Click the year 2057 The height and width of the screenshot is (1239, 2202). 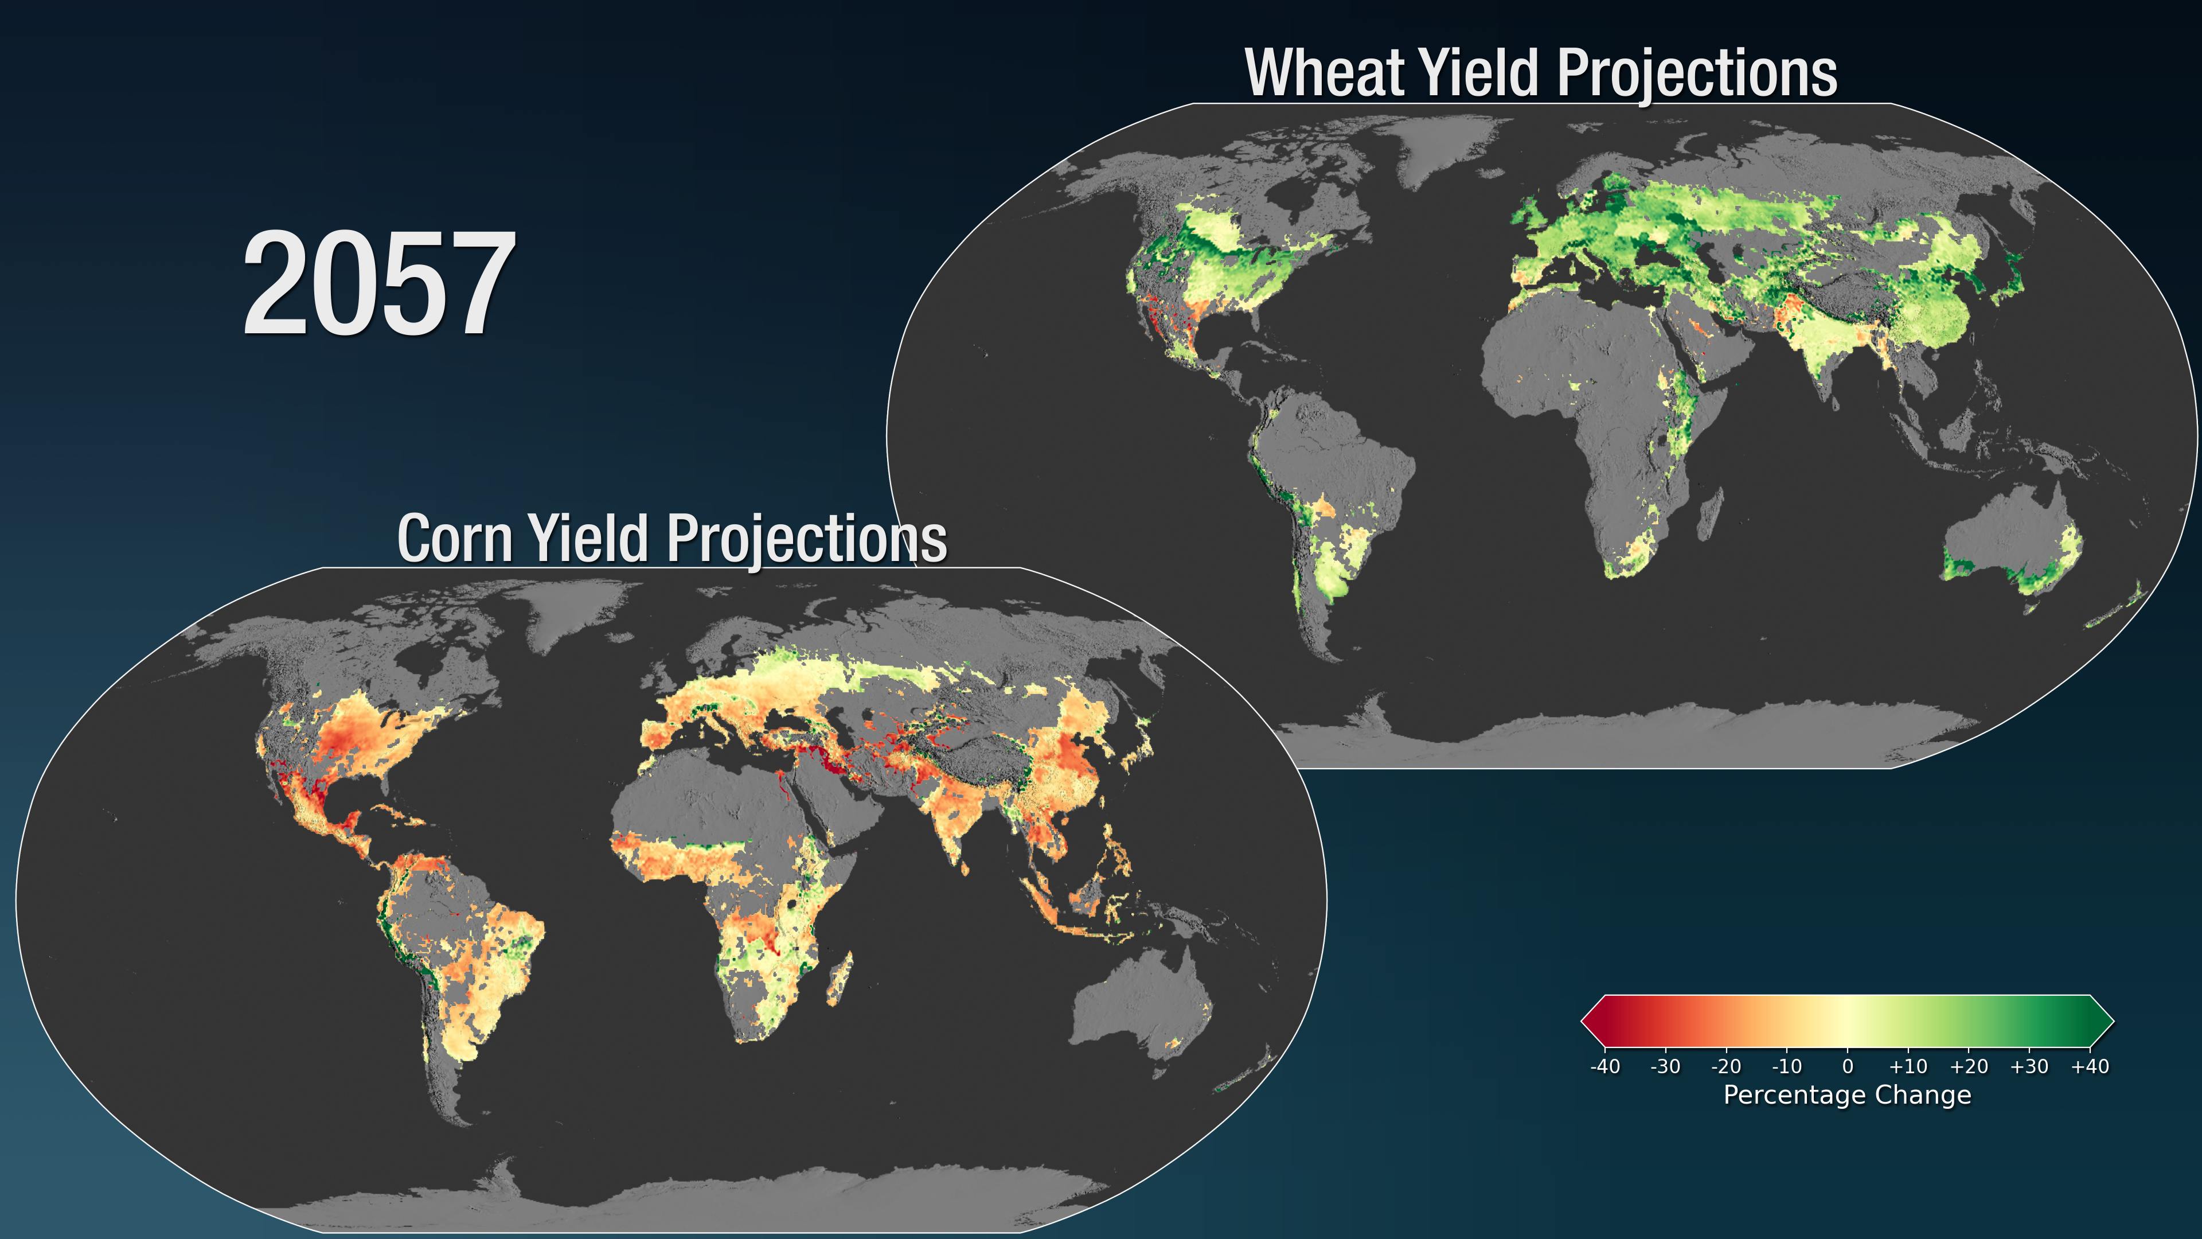pyautogui.click(x=380, y=284)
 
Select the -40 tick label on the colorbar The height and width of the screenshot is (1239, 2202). pyautogui.click(x=1604, y=1066)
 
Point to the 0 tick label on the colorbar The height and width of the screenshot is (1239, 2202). pyautogui.click(x=1847, y=1066)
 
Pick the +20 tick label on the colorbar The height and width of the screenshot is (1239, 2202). pyautogui.click(x=1969, y=1066)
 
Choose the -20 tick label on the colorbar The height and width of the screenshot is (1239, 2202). pyautogui.click(x=1726, y=1066)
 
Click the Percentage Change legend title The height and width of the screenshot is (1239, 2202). pyautogui.click(x=1847, y=1096)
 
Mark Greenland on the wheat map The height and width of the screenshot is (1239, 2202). pyautogui.click(x=1444, y=145)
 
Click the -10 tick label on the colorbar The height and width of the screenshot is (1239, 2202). pyautogui.click(x=1787, y=1066)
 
